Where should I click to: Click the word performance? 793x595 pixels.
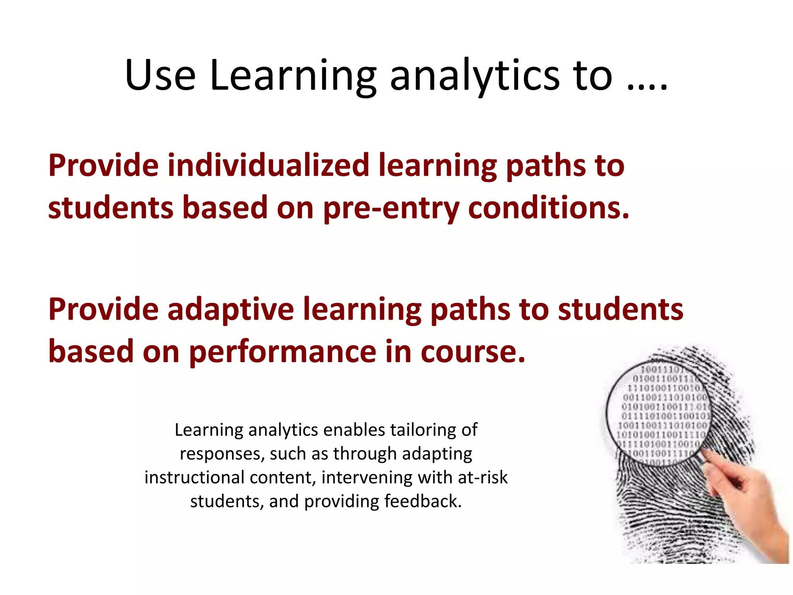(x=282, y=352)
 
